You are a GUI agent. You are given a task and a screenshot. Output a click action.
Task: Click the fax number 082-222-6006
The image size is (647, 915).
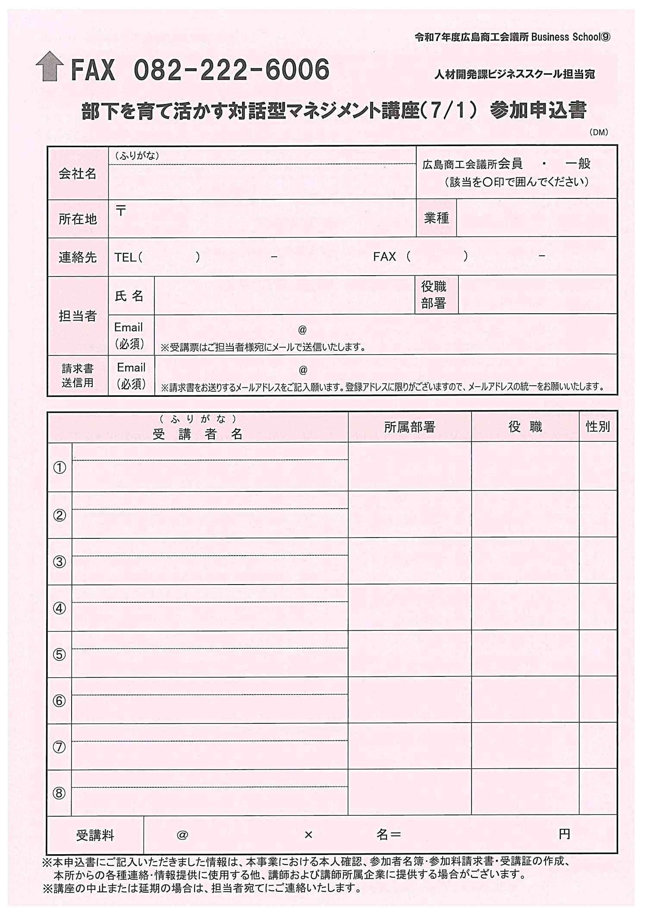point(231,70)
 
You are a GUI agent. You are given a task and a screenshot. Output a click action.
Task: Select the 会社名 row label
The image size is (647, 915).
point(78,174)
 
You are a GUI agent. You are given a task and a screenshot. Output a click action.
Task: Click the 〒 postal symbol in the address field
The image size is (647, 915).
point(121,211)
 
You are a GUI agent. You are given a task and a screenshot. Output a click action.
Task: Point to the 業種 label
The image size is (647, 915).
point(436,218)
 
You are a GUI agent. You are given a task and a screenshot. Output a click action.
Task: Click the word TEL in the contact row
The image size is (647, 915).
point(126,258)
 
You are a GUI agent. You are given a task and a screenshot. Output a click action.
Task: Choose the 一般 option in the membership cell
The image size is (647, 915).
point(578,164)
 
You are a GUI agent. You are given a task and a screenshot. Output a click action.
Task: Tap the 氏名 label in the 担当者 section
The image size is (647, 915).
point(129,296)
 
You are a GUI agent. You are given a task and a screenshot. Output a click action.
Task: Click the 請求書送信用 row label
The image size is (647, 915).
point(78,375)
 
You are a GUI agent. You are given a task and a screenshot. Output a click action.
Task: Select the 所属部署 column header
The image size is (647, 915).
point(409,427)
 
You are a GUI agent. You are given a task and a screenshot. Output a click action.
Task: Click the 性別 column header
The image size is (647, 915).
point(598,427)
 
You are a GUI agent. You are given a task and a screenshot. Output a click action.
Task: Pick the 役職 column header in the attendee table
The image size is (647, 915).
point(525,427)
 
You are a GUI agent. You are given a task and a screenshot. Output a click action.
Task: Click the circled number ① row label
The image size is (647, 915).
point(60,468)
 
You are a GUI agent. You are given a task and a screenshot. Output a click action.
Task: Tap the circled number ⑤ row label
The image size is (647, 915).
point(60,654)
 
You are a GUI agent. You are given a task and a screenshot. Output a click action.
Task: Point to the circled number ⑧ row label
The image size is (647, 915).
point(60,793)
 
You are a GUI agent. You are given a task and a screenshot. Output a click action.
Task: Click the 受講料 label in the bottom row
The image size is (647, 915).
point(95,836)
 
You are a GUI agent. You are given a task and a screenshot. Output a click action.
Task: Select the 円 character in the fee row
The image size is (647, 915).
point(564,834)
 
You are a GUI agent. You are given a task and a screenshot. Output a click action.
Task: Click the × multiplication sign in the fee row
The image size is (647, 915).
point(308,835)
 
